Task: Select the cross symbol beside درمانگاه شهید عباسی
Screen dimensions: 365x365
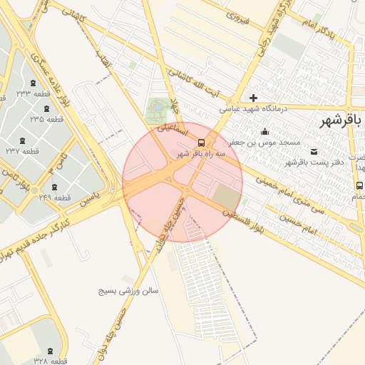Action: pyautogui.click(x=252, y=98)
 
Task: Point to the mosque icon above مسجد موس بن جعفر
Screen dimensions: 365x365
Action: pyautogui.click(x=265, y=131)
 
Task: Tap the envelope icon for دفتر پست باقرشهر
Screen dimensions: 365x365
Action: pyautogui.click(x=314, y=151)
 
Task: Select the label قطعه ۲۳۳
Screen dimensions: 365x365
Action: pyautogui.click(x=34, y=93)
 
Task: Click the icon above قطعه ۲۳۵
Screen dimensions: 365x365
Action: pyautogui.click(x=47, y=108)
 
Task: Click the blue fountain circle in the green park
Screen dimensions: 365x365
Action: pyautogui.click(x=155, y=110)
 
